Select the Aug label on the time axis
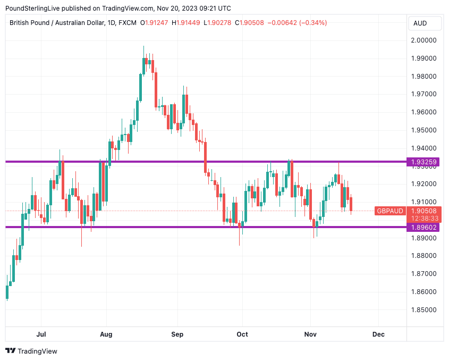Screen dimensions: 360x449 point(106,334)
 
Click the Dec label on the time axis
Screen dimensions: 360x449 point(378,334)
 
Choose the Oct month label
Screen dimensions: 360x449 point(242,334)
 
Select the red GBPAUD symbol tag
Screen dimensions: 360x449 point(390,211)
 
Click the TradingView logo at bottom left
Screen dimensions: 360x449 point(31,351)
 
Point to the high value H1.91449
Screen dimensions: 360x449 point(185,23)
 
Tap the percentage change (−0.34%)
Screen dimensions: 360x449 point(312,23)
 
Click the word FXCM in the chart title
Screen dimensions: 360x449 point(128,23)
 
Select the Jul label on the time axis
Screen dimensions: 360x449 point(41,334)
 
